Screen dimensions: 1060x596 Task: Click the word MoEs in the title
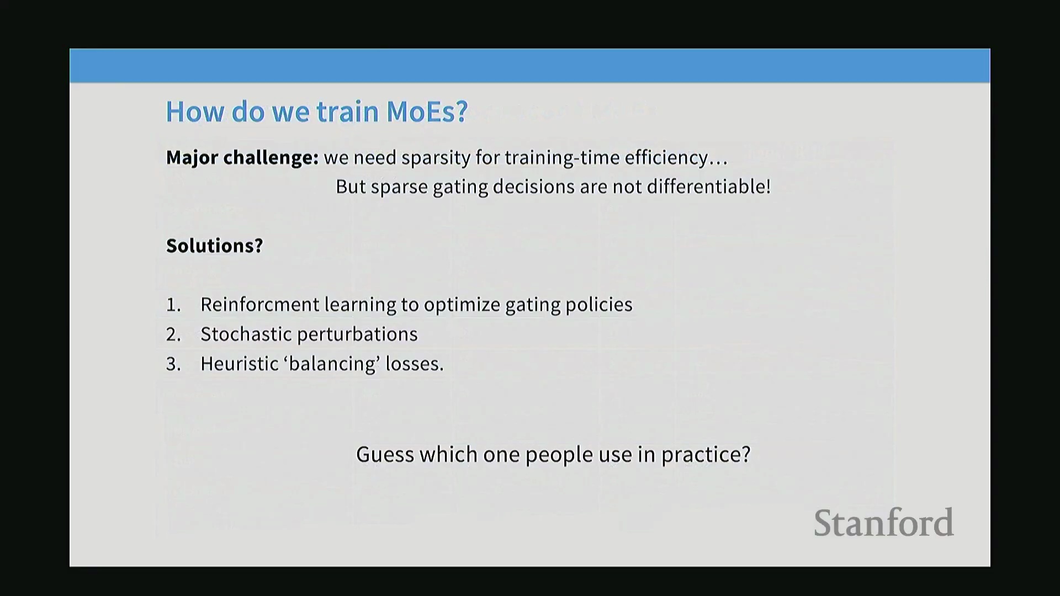pyautogui.click(x=427, y=111)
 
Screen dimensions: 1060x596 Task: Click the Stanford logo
pyautogui.click(x=883, y=523)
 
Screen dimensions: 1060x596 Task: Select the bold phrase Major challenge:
pyautogui.click(x=242, y=158)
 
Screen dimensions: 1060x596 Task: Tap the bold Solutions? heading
pyautogui.click(x=215, y=246)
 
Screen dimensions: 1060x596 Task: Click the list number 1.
pyautogui.click(x=173, y=305)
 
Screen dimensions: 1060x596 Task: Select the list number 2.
pyautogui.click(x=173, y=334)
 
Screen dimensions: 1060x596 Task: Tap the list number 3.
pyautogui.click(x=173, y=364)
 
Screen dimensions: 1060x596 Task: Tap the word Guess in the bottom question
pyautogui.click(x=385, y=455)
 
